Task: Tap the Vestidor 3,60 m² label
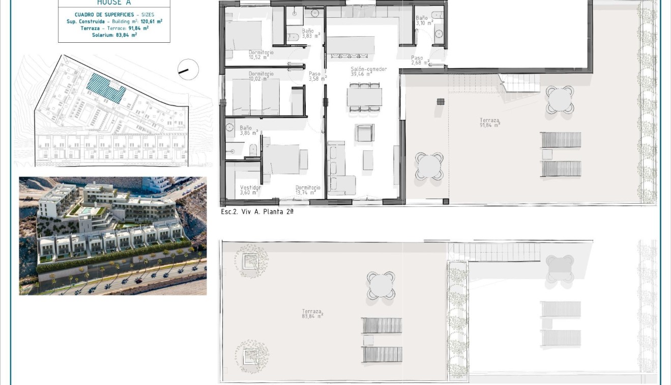(x=250, y=190)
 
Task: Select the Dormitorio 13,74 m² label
(x=308, y=190)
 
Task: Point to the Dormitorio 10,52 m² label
(x=261, y=54)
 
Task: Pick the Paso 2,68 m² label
(x=420, y=60)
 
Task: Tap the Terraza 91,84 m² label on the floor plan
(x=489, y=123)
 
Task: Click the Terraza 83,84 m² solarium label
(x=312, y=314)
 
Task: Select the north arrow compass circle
(x=188, y=70)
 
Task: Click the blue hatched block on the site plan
(x=106, y=88)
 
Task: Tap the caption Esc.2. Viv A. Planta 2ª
(x=257, y=211)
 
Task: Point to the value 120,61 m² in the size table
(x=152, y=22)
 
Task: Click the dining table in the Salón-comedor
(x=364, y=97)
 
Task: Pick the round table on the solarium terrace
(x=381, y=285)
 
